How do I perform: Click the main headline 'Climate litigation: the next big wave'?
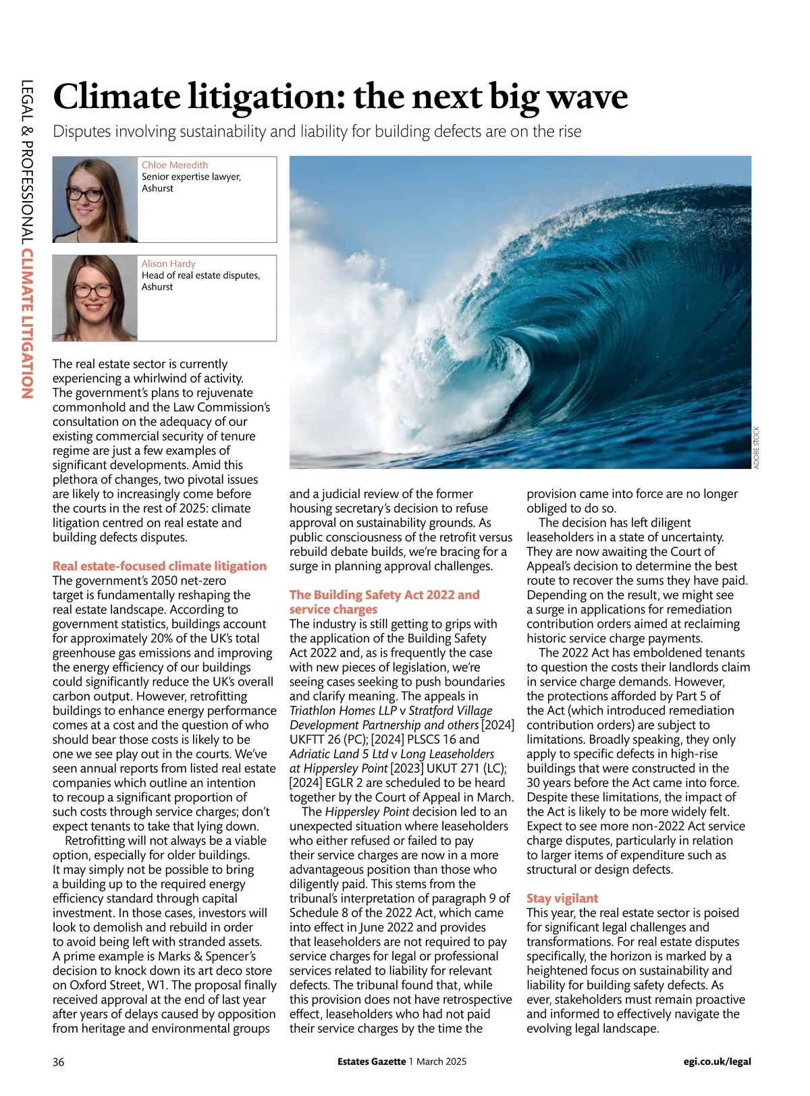[340, 97]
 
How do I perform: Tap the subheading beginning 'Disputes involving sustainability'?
[317, 131]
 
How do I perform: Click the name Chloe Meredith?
[175, 165]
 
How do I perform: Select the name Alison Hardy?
[168, 264]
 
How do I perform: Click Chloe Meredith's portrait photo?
[95, 200]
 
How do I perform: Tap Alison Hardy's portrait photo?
[95, 298]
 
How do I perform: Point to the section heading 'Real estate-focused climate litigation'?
[159, 566]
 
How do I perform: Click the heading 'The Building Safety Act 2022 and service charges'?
[384, 602]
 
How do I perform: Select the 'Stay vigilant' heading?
[562, 898]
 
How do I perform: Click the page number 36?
[59, 1062]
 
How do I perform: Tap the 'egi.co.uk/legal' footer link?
[717, 1062]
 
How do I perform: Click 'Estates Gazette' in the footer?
[372, 1062]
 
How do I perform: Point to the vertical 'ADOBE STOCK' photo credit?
[757, 447]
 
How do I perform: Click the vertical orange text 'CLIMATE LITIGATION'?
[28, 324]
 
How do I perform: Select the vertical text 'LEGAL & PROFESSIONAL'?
[28, 163]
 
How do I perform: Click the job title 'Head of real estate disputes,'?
[200, 275]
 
